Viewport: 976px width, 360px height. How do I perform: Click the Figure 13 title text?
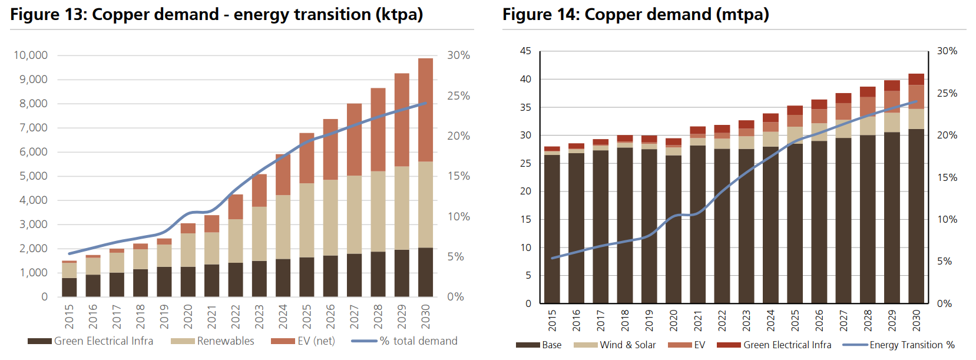pos(216,14)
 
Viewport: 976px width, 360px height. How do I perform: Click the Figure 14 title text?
pos(636,14)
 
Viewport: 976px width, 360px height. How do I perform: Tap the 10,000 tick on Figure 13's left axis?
pos(31,55)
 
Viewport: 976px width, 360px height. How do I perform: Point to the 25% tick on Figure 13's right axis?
pos(458,95)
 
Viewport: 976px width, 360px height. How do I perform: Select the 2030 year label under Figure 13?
pos(426,316)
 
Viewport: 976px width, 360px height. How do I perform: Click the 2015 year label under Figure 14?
pos(552,321)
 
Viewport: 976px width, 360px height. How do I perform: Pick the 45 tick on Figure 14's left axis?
pos(525,51)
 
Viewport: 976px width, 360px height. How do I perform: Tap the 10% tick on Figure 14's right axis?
pos(947,219)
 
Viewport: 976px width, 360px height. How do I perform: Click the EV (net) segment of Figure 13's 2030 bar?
pos(426,110)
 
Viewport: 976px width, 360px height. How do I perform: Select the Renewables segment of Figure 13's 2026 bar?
pos(330,217)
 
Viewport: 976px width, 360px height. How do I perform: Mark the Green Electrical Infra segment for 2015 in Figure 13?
pos(70,287)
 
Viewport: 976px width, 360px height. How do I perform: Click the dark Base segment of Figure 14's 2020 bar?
pos(673,230)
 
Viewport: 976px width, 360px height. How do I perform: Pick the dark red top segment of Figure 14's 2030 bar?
pos(916,79)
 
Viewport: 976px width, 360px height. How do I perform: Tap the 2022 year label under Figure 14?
pos(722,321)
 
